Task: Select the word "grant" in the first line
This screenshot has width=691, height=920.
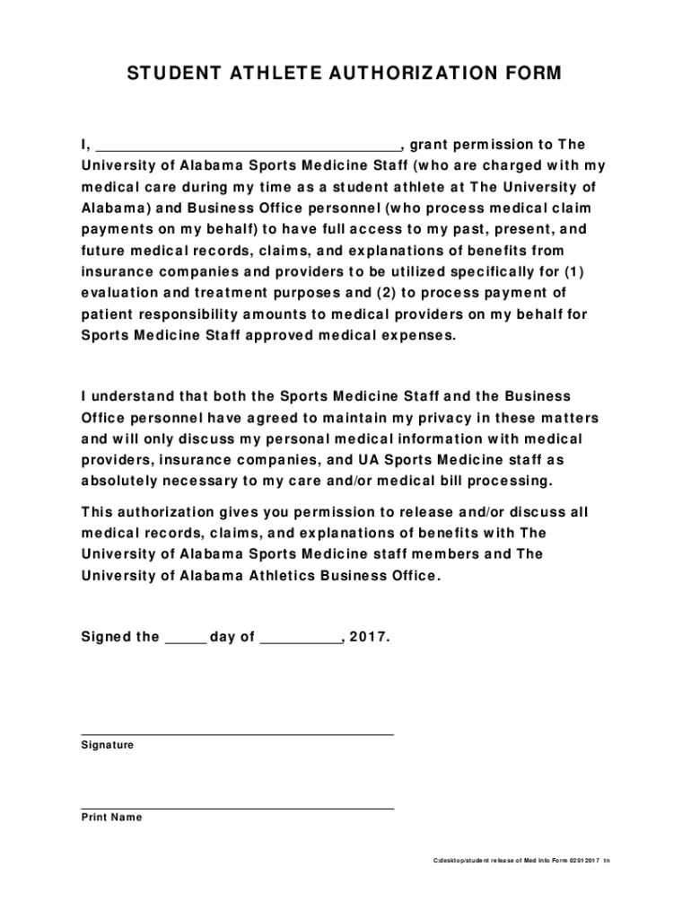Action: click(x=429, y=145)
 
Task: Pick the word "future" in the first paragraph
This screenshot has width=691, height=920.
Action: click(x=102, y=251)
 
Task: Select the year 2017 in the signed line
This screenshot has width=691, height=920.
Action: click(x=369, y=637)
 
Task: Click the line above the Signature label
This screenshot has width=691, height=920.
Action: click(x=237, y=734)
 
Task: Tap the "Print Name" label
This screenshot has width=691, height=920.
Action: click(x=111, y=818)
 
